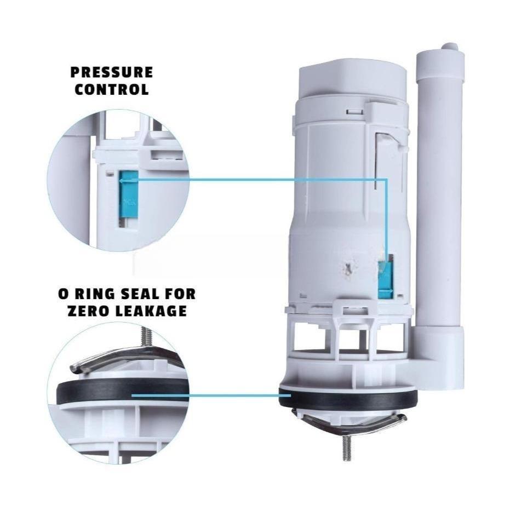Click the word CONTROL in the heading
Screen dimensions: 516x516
pyautogui.click(x=112, y=90)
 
